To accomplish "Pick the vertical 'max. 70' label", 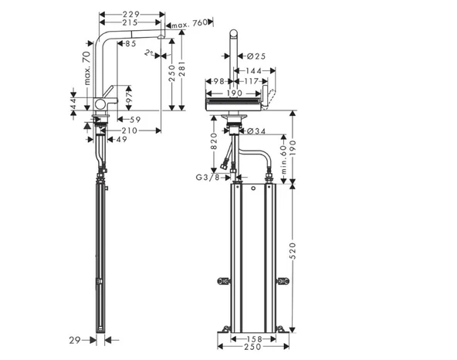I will (x=88, y=66).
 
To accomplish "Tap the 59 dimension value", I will (x=134, y=120).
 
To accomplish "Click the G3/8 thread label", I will (x=206, y=178).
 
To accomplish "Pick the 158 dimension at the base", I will (x=247, y=338).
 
